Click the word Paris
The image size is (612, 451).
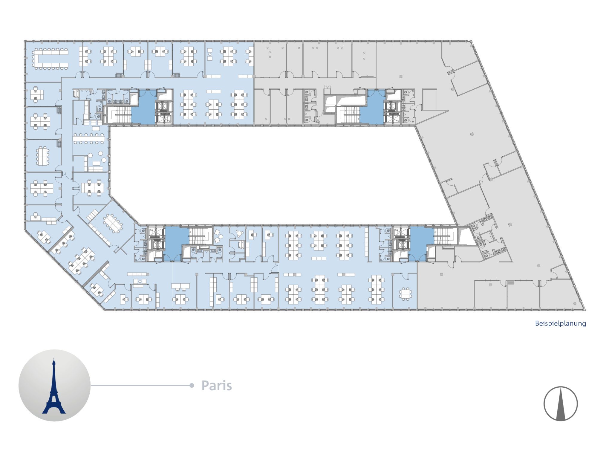[x=217, y=386]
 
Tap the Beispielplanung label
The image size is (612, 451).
[x=560, y=324]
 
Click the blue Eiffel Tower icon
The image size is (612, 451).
[x=54, y=386]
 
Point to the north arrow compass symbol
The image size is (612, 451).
[x=561, y=403]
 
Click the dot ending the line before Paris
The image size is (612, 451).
[x=192, y=386]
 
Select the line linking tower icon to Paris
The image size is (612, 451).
[x=140, y=386]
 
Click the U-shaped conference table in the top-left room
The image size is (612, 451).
[x=50, y=59]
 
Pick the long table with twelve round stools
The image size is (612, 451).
[x=89, y=138]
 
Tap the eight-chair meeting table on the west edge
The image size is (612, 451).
[x=43, y=156]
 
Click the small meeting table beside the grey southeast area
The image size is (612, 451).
[x=405, y=294]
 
